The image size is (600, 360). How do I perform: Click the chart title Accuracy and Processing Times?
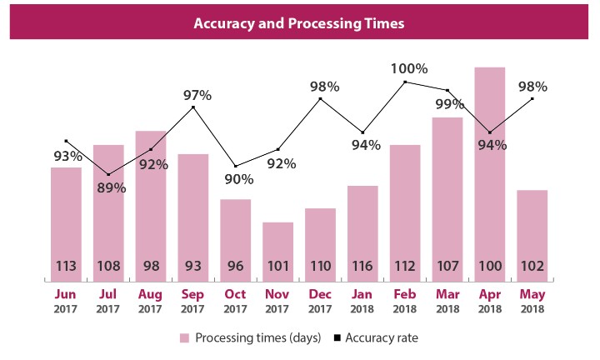(x=299, y=23)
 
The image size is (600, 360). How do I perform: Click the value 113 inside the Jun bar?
(x=67, y=267)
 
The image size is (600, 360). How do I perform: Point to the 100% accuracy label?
(x=410, y=68)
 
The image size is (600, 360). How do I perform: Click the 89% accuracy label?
(x=110, y=188)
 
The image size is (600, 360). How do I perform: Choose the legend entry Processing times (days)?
(x=244, y=337)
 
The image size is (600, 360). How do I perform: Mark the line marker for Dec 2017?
(x=321, y=99)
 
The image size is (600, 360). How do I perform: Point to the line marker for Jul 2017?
(x=109, y=174)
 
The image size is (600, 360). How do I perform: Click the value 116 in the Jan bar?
(x=362, y=267)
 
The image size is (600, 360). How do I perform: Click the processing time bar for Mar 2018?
(x=447, y=192)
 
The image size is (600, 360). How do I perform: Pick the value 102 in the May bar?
(x=532, y=267)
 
